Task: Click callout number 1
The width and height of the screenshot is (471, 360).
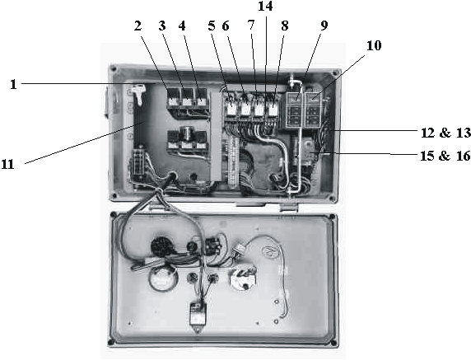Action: (x=13, y=85)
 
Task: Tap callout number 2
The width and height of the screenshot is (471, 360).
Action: (x=138, y=26)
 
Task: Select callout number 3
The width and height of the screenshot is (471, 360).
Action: (x=162, y=26)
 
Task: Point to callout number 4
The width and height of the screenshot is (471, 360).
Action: (x=182, y=26)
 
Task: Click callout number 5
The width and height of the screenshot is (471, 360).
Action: (x=212, y=26)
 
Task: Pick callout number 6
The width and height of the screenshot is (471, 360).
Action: (x=226, y=26)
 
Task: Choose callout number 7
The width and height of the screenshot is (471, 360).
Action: (x=251, y=26)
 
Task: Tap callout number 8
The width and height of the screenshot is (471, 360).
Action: (x=284, y=26)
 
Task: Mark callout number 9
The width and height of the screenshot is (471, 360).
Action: (x=324, y=26)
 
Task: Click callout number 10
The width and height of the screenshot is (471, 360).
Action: (x=374, y=45)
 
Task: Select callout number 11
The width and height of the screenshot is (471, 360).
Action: (x=7, y=165)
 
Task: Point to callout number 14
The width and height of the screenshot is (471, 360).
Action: (x=265, y=6)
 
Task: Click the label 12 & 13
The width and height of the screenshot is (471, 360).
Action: (x=445, y=133)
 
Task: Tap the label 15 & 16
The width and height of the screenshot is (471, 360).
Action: (x=445, y=156)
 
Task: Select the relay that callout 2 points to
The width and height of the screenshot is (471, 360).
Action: (x=173, y=98)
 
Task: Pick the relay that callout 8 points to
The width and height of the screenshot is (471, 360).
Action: (x=273, y=106)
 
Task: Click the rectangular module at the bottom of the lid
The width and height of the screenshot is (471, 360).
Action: (x=198, y=314)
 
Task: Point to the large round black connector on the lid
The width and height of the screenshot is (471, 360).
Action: (x=158, y=246)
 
